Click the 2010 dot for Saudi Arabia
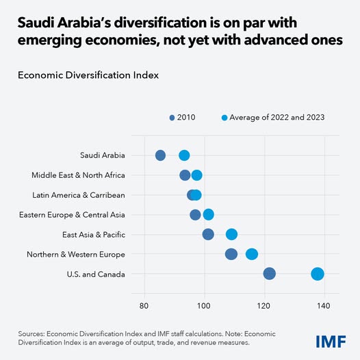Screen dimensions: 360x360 tap(160, 155)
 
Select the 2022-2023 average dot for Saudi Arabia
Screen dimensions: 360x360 tap(184, 155)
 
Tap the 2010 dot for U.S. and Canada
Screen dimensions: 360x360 tap(269, 274)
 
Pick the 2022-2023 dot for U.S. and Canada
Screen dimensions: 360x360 tap(318, 274)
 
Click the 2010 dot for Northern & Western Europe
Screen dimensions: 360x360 tap(231, 254)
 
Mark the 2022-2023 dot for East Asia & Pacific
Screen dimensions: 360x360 tap(231, 234)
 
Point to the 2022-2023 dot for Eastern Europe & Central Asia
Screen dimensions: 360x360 tap(209, 215)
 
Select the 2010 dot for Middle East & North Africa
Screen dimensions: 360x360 tap(185, 175)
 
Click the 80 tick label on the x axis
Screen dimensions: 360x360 tap(144, 305)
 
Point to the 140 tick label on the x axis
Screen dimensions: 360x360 tap(324, 305)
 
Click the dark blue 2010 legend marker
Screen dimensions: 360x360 tap(172, 118)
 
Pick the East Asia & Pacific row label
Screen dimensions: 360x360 tap(93, 234)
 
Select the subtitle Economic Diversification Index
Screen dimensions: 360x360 tap(88, 75)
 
